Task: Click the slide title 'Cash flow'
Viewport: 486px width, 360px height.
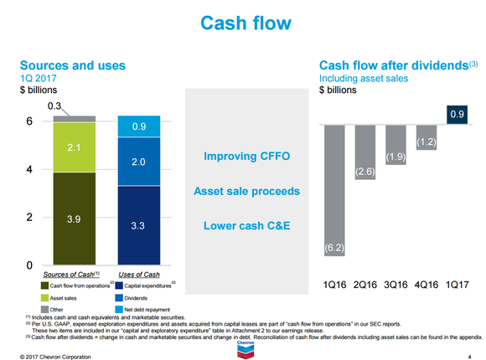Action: [242, 24]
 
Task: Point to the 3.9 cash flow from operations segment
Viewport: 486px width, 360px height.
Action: [73, 219]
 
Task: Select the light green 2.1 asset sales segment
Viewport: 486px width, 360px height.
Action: [73, 148]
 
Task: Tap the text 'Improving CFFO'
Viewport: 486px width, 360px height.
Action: [246, 157]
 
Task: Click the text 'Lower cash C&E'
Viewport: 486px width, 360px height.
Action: [246, 226]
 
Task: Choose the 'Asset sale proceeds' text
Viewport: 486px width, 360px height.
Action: [246, 192]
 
